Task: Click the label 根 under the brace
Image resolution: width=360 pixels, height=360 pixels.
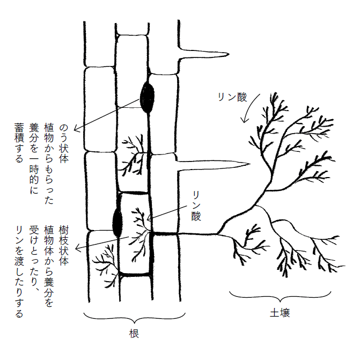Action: click(x=134, y=334)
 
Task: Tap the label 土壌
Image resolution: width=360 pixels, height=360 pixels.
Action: click(x=280, y=313)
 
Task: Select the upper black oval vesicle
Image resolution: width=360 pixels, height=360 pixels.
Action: click(x=147, y=97)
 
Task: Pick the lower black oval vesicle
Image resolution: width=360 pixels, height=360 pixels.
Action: click(x=117, y=222)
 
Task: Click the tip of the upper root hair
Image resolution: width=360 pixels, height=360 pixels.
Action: click(x=229, y=54)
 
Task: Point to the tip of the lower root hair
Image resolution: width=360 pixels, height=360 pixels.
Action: click(x=249, y=164)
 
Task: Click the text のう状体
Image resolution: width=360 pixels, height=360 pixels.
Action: click(x=64, y=143)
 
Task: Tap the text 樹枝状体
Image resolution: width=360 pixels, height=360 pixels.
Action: click(x=64, y=245)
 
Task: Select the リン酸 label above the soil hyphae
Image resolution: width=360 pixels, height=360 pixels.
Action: click(x=232, y=97)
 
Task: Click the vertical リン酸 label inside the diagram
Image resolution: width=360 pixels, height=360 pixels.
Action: click(x=196, y=206)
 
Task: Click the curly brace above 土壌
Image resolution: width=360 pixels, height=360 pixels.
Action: click(x=280, y=297)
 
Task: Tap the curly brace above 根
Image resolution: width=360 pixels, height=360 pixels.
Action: click(x=135, y=318)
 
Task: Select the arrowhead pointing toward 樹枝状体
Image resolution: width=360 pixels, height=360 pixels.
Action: click(x=78, y=247)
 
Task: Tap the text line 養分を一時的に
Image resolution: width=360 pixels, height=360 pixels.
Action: click(x=34, y=158)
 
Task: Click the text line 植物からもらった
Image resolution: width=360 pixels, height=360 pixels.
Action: click(x=49, y=164)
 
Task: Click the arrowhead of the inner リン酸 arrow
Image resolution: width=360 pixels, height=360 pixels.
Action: click(x=149, y=218)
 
